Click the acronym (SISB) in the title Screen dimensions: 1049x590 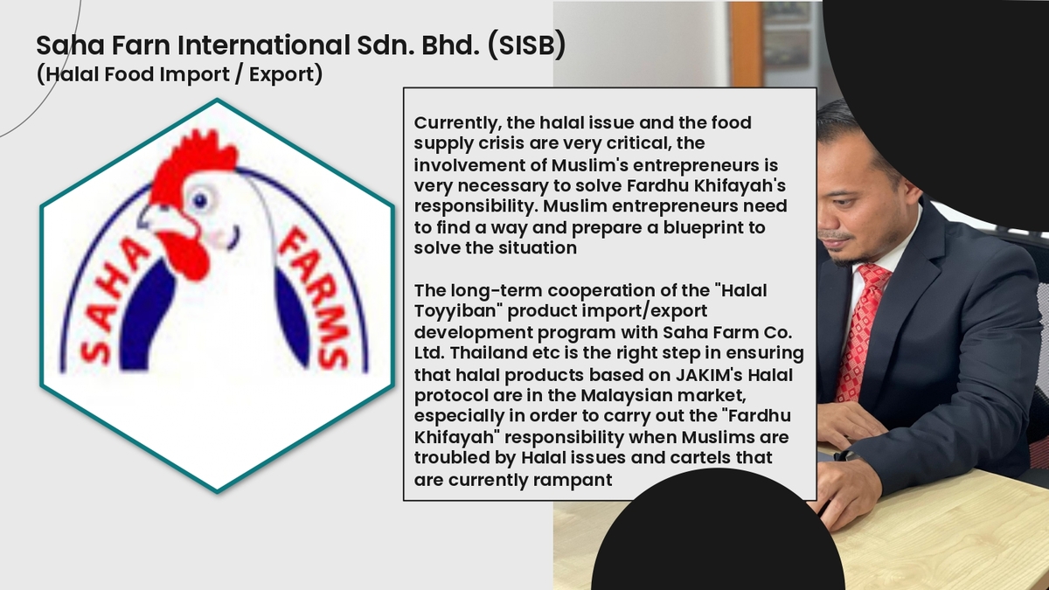click(526, 45)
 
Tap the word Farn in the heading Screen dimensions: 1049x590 click(142, 45)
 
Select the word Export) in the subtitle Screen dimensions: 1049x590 click(286, 74)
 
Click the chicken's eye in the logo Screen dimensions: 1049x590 click(200, 200)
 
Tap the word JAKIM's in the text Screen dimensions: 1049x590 click(710, 375)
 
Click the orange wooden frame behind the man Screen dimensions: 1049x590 click(746, 44)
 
